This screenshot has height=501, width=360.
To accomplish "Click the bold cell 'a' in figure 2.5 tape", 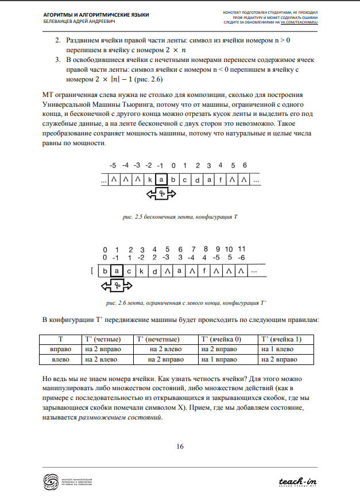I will pos(162,180).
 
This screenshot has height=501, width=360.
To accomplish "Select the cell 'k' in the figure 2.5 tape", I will pos(149,180).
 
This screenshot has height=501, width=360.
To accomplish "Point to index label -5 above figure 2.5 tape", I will pos(113,166).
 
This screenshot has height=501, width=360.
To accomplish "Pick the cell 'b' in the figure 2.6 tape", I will pos(104,271).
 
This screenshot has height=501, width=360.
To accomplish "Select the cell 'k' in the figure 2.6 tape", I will pos(141,271).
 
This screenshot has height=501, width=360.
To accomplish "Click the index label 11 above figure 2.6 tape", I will pos(242,249).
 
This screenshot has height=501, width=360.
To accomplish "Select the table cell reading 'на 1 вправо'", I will pos(217,359).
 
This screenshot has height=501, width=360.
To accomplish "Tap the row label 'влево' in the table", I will pos(60,359).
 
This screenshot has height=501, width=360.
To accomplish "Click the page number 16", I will pos(180,446).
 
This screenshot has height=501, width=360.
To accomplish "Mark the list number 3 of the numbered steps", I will pos(58,60).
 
